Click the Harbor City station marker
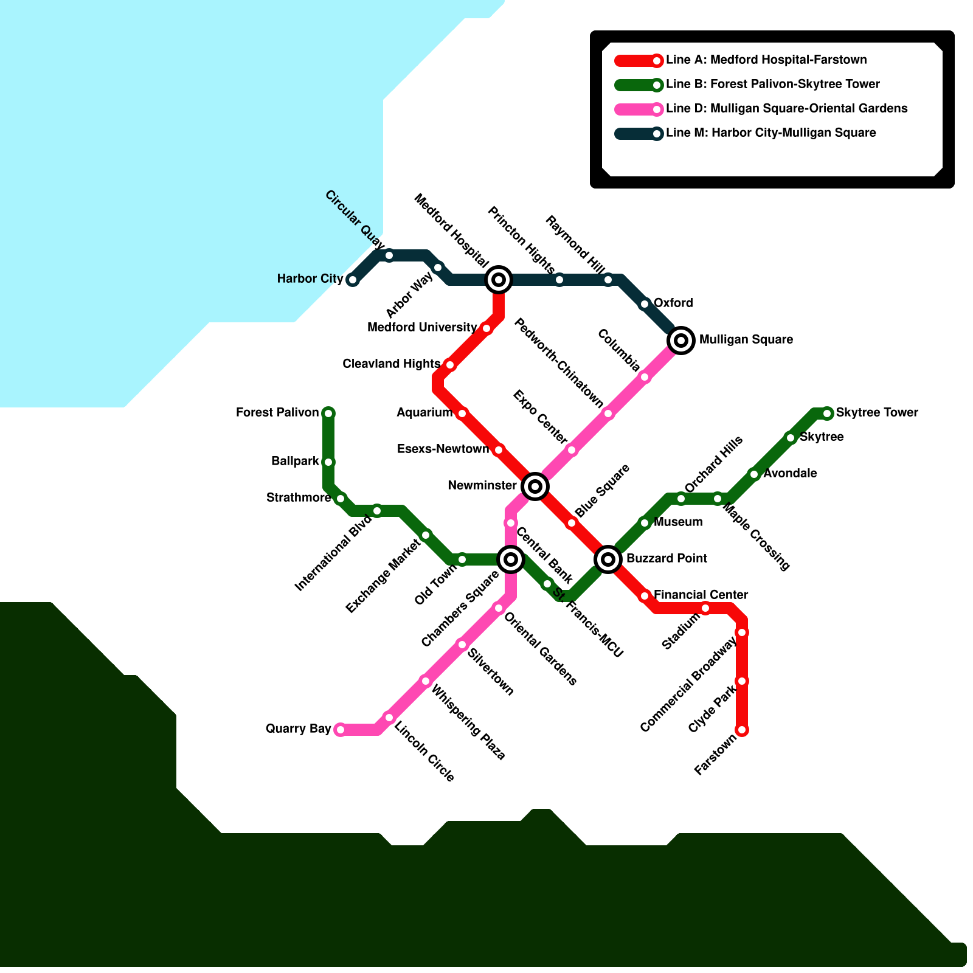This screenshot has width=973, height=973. pyautogui.click(x=352, y=280)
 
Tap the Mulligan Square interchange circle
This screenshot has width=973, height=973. pyautogui.click(x=681, y=341)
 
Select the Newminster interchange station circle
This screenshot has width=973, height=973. pyautogui.click(x=535, y=486)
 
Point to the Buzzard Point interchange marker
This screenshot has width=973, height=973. pyautogui.click(x=608, y=559)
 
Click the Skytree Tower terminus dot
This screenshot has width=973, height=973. pyautogui.click(x=827, y=414)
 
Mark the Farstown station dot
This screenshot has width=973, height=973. pyautogui.click(x=742, y=730)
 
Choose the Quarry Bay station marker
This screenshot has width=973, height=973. pyautogui.click(x=341, y=730)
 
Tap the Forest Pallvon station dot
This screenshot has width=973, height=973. pyautogui.click(x=328, y=414)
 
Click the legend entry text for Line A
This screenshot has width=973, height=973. pyautogui.click(x=766, y=60)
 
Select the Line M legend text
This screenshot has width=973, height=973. pyautogui.click(x=770, y=133)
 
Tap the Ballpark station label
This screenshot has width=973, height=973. pyautogui.click(x=295, y=462)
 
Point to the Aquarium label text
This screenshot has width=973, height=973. pyautogui.click(x=424, y=413)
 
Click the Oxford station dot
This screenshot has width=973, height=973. pyautogui.click(x=645, y=304)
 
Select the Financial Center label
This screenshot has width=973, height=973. pyautogui.click(x=701, y=595)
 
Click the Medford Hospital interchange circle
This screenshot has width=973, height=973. pyautogui.click(x=499, y=280)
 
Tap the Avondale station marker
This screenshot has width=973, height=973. pyautogui.click(x=754, y=474)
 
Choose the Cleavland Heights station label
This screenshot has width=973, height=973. pyautogui.click(x=391, y=364)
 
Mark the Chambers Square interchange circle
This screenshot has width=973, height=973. pyautogui.click(x=511, y=559)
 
